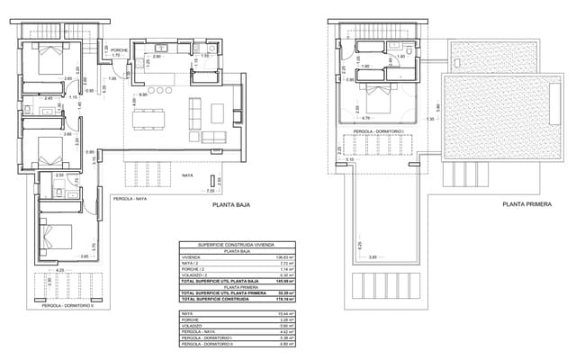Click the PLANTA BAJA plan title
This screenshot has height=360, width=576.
231,205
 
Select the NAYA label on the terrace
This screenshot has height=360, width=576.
187,175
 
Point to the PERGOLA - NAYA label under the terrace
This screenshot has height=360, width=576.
130,197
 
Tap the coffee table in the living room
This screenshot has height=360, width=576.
217,112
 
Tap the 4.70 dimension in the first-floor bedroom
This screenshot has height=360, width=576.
365,118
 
